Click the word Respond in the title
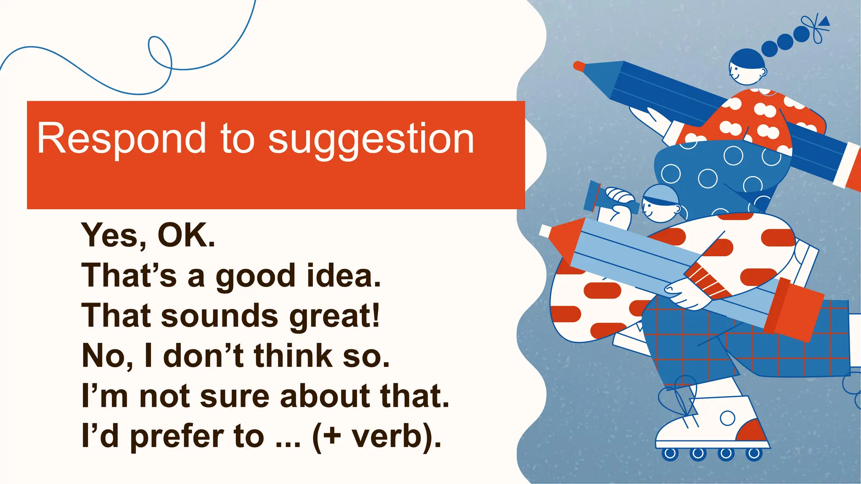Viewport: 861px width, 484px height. point(121,139)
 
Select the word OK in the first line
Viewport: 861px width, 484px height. point(185,235)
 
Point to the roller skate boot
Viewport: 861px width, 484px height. point(715,420)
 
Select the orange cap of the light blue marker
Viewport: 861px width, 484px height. point(792,309)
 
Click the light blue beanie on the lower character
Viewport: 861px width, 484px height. point(661,194)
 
